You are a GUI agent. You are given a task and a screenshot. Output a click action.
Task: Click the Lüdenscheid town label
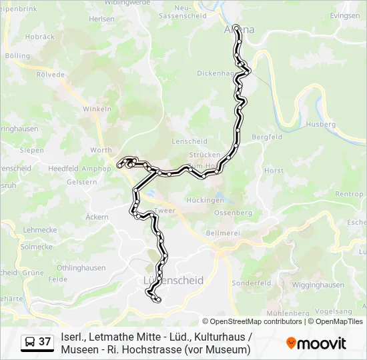[x=173, y=281]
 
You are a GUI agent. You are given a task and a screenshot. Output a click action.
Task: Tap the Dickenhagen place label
[x=214, y=73]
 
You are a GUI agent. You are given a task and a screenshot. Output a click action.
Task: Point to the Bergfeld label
[x=267, y=137]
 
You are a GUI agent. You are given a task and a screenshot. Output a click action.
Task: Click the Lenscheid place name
[x=190, y=141]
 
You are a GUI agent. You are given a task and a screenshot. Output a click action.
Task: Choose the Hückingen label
[x=205, y=200]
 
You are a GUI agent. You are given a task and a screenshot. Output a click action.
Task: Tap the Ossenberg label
[x=233, y=213]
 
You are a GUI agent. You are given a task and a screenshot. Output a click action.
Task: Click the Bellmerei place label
[x=223, y=233]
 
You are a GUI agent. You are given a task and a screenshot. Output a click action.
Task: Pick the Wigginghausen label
[x=318, y=285]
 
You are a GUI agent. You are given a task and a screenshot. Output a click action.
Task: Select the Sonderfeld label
[x=251, y=283]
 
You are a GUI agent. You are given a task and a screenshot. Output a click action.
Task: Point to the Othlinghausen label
[x=81, y=267]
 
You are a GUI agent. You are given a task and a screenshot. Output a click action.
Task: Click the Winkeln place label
[x=95, y=109]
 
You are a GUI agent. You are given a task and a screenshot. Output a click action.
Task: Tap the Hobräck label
[x=39, y=37]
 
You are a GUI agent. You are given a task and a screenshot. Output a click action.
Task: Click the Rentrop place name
[x=349, y=194]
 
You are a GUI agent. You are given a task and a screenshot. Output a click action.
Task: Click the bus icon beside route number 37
[x=30, y=342]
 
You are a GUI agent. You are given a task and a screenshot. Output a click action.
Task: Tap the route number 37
[x=45, y=342]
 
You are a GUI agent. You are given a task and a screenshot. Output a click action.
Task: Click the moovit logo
[x=316, y=343]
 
